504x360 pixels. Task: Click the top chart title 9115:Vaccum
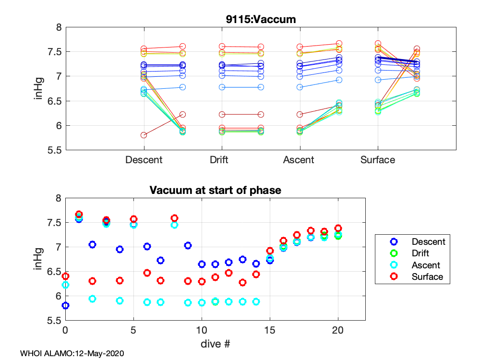[261, 20]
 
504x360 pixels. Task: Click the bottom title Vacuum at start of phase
[215, 190]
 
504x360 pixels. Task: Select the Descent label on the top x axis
[144, 160]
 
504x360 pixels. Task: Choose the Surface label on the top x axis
[378, 160]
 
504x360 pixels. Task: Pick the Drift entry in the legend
[420, 253]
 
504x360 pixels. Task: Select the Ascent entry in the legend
[426, 265]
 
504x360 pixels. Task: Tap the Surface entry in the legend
[427, 276]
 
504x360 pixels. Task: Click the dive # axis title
[215, 344]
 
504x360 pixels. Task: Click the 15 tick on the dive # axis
[270, 331]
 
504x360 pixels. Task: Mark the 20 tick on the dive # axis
[338, 331]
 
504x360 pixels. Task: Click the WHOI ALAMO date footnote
[72, 353]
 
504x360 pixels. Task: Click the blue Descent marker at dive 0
[65, 305]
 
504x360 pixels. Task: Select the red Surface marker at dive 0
[65, 276]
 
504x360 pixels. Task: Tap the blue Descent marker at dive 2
[93, 244]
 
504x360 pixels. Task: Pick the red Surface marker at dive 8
[174, 218]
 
